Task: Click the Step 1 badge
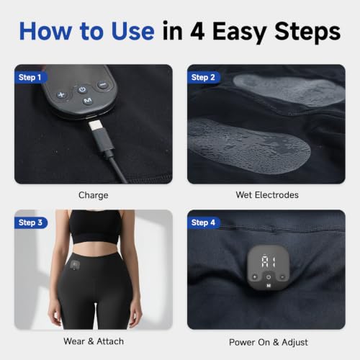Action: click(30, 77)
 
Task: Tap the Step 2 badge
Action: click(203, 77)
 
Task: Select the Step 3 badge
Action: click(31, 222)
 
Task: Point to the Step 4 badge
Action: click(203, 222)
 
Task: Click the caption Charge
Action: click(94, 195)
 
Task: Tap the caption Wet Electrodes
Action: click(267, 195)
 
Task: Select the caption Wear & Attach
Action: click(94, 341)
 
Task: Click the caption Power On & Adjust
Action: click(269, 342)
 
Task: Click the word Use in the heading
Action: click(132, 31)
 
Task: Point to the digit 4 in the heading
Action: click(197, 31)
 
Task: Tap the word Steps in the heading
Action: click(307, 32)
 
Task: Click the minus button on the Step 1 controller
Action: click(103, 85)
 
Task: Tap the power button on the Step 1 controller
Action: click(82, 90)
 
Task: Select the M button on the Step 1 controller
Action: click(88, 100)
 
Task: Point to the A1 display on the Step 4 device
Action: click(269, 261)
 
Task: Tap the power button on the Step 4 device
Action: click(269, 277)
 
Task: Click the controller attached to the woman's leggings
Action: click(76, 265)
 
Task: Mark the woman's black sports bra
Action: click(95, 227)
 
